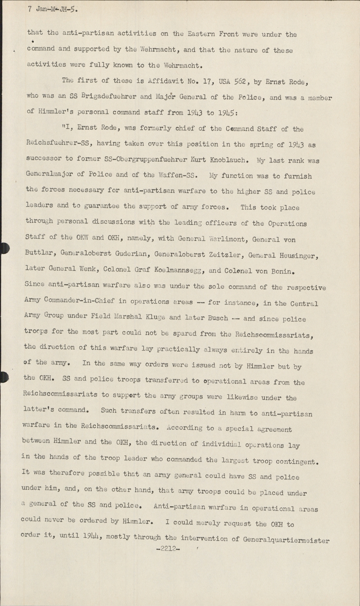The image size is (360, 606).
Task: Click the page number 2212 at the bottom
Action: pos(167,549)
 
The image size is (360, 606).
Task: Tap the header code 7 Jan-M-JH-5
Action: pos(53,9)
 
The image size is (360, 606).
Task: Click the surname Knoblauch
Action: pos(224,160)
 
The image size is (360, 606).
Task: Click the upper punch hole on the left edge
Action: pos(3,248)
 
